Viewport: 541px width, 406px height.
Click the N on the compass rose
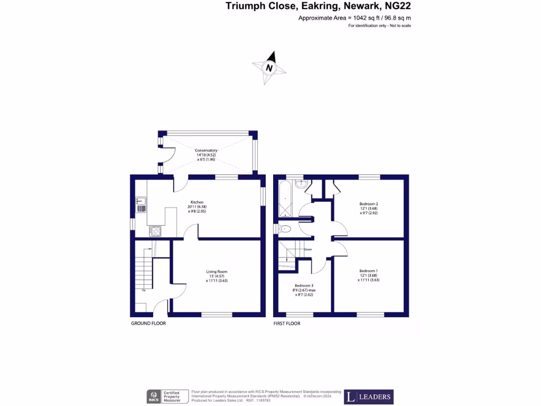pos(269,68)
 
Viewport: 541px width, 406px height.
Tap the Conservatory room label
pos(206,151)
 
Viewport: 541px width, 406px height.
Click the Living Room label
pos(217,272)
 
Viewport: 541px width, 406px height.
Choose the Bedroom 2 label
pos(369,204)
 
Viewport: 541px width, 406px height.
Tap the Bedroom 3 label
pos(304,285)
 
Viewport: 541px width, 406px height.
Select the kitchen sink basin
pos(141,200)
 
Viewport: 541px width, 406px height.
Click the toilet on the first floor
pos(285,229)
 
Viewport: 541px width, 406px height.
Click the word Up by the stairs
pos(144,290)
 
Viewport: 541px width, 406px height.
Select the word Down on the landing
pos(308,249)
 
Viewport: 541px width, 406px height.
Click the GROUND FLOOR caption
pos(148,323)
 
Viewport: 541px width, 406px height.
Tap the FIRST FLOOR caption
pos(287,323)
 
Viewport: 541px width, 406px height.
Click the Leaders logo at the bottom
pos(369,396)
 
